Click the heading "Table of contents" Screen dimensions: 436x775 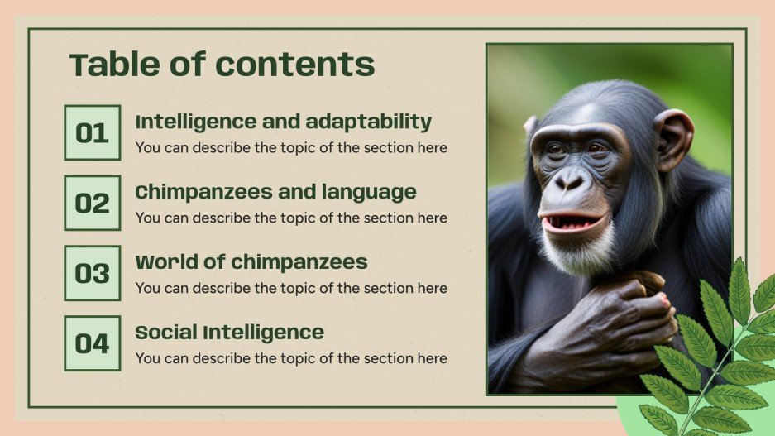(222, 64)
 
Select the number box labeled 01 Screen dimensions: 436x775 (92, 132)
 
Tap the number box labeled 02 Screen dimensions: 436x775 (92, 203)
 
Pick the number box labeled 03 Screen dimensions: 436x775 (92, 273)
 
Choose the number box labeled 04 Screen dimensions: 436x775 (92, 343)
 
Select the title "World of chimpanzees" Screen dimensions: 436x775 (251, 262)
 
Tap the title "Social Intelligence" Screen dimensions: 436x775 (229, 333)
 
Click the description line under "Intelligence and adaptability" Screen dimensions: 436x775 (291, 148)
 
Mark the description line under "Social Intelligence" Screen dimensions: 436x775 (291, 358)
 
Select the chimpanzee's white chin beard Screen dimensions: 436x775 (579, 252)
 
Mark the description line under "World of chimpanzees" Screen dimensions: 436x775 (291, 288)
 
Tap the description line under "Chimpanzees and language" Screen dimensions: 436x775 (291, 218)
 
